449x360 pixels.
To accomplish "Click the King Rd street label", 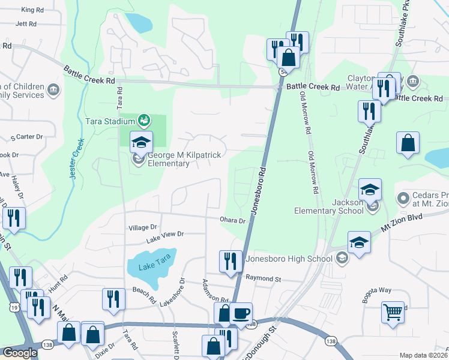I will (x=33, y=10).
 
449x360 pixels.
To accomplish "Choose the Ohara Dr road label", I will (x=233, y=220).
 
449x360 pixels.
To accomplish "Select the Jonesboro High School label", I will (x=288, y=259).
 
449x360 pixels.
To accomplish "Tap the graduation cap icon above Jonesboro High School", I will (x=359, y=242).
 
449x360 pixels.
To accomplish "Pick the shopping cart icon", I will (x=393, y=311).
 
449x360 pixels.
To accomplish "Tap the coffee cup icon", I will (x=241, y=313).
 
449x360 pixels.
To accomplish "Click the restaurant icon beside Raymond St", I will (x=231, y=262).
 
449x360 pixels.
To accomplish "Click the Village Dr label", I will (x=142, y=227).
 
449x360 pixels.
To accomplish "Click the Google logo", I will (x=20, y=353).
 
